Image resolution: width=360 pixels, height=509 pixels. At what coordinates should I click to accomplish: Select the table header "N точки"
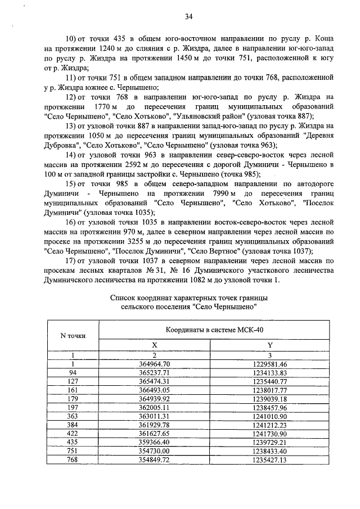point(73,336)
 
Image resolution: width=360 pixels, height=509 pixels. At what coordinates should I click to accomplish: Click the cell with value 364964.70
point(154,364)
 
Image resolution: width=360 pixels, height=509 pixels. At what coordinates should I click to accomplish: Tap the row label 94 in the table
point(73,372)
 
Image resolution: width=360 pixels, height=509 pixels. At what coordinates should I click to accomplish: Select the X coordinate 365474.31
point(154,381)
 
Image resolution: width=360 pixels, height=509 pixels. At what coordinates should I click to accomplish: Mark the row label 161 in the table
point(73,389)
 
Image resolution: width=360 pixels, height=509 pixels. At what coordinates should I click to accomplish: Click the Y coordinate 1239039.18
point(269,398)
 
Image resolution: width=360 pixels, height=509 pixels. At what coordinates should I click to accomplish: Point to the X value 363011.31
point(154,416)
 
